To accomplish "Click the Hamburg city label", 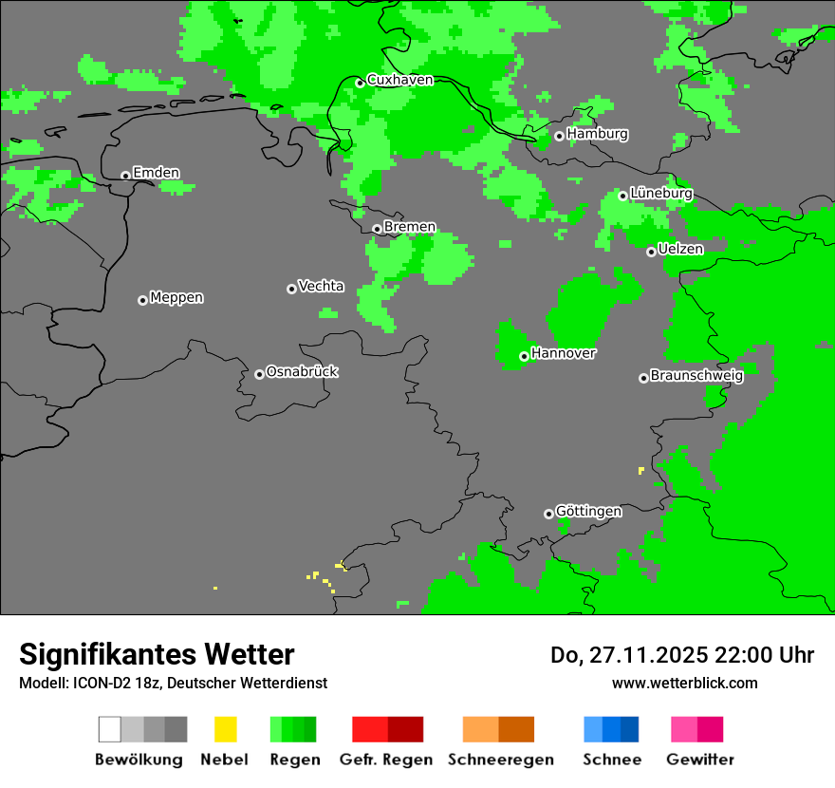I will [x=597, y=134].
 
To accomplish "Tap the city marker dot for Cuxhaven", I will [x=360, y=83].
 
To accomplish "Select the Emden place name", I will [x=156, y=173].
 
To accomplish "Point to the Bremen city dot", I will [x=377, y=229].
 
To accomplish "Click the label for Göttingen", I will [x=588, y=512].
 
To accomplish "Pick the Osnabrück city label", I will [x=302, y=372].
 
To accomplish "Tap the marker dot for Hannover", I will [x=524, y=356].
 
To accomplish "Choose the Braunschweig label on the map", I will [x=696, y=376].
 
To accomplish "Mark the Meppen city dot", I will [x=142, y=300].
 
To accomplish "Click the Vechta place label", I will [x=321, y=287].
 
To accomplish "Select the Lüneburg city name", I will [x=661, y=194].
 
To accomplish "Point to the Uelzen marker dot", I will [x=651, y=252].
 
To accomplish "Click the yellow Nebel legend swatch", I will [x=225, y=729].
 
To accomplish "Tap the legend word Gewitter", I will [x=700, y=760].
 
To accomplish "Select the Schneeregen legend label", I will [x=501, y=760].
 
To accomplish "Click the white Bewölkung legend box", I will [x=110, y=729].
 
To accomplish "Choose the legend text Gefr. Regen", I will [x=385, y=760].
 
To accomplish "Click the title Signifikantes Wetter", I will [x=157, y=654].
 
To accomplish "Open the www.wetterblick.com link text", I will [x=684, y=683].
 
